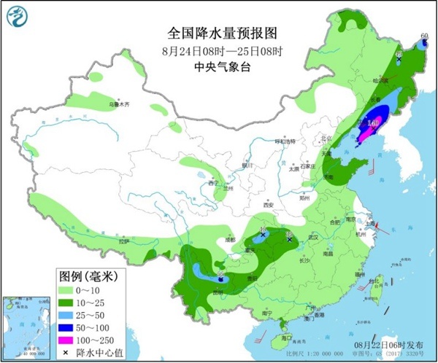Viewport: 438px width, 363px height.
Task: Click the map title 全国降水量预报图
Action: pos(212,34)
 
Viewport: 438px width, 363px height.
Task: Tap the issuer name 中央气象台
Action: pos(212,67)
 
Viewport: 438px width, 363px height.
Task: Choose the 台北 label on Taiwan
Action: pos(377,279)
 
